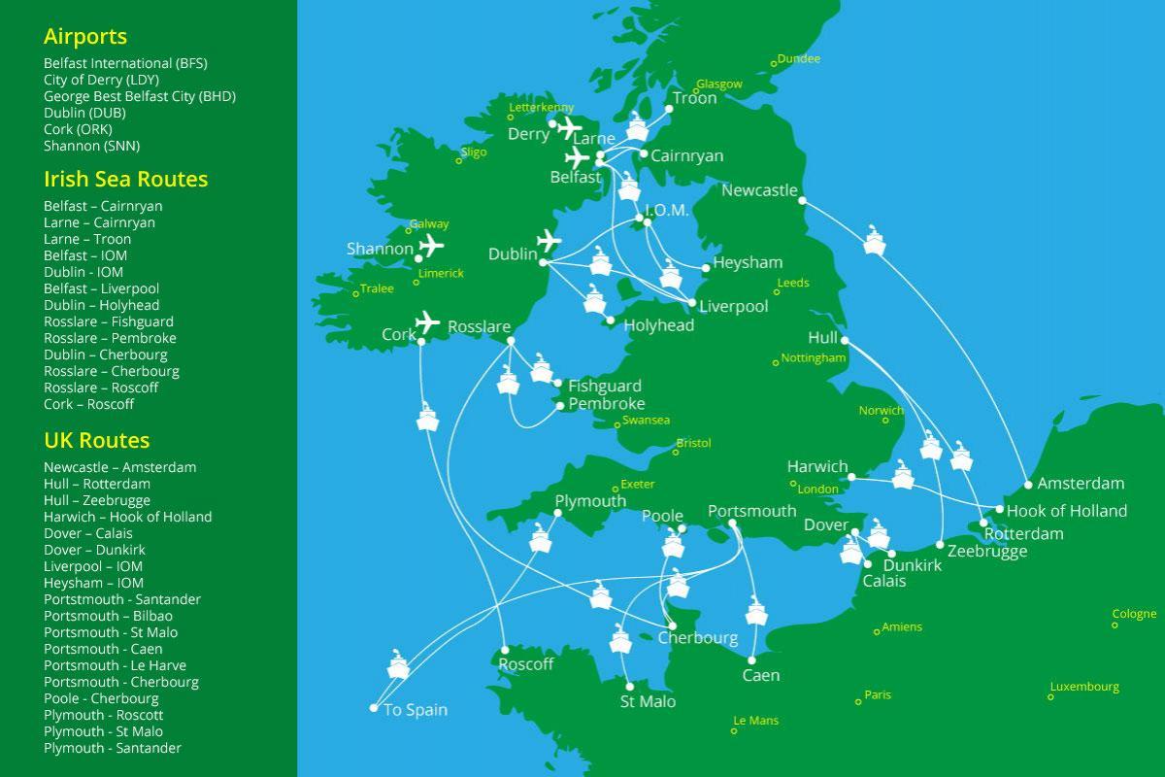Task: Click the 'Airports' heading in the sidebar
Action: pyautogui.click(x=85, y=37)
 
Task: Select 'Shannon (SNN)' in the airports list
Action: pyautogui.click(x=91, y=146)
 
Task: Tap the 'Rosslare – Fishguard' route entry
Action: pyautogui.click(x=109, y=321)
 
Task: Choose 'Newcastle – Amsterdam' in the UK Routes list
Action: pyautogui.click(x=119, y=467)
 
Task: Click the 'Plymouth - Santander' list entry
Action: pyautogui.click(x=113, y=748)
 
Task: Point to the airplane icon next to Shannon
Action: pyautogui.click(x=431, y=246)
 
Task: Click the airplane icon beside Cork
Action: pyautogui.click(x=426, y=321)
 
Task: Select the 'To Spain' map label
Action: pyautogui.click(x=416, y=710)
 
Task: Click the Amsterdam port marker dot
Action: pyautogui.click(x=1028, y=485)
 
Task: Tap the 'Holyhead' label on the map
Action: pyautogui.click(x=658, y=326)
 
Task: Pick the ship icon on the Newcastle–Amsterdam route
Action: pyautogui.click(x=875, y=242)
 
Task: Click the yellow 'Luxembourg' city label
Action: pyautogui.click(x=1083, y=687)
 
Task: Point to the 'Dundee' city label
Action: pyautogui.click(x=799, y=59)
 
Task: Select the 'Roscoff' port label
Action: pyautogui.click(x=525, y=664)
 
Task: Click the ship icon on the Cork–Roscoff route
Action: pyautogui.click(x=428, y=418)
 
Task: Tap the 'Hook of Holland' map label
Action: pyautogui.click(x=1067, y=511)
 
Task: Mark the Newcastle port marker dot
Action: pyautogui.click(x=802, y=200)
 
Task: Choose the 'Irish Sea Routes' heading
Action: pyautogui.click(x=125, y=180)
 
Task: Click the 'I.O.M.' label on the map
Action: pyautogui.click(x=666, y=211)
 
